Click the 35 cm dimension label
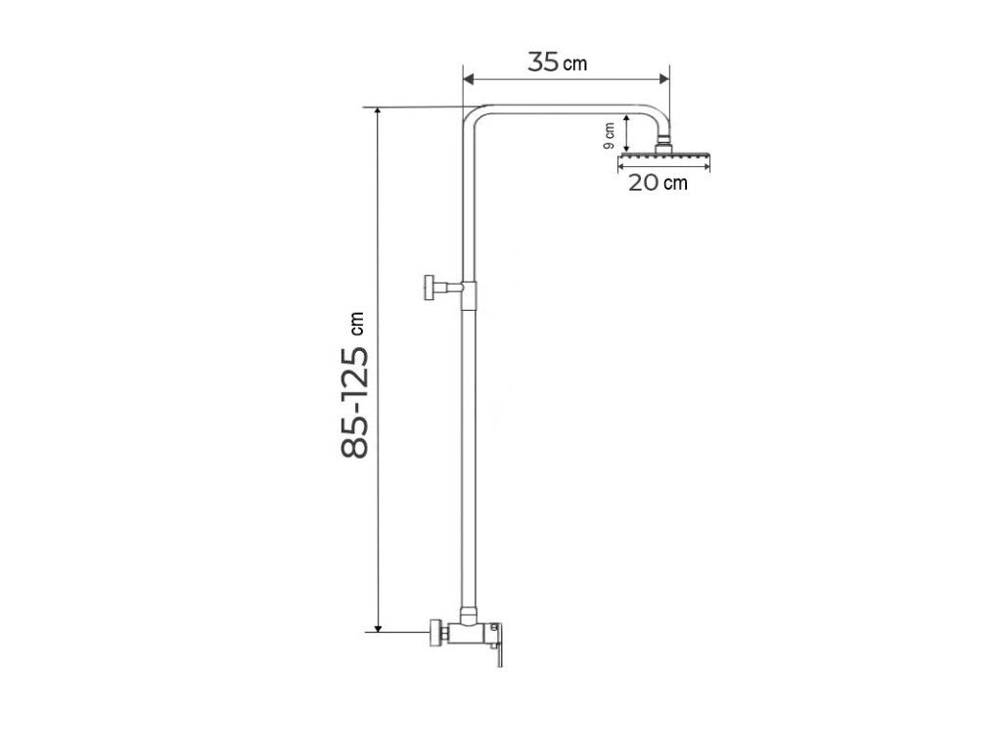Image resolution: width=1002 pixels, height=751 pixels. click(557, 62)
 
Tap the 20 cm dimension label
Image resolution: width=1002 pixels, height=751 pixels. click(658, 183)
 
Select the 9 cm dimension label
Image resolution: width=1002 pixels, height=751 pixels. click(609, 136)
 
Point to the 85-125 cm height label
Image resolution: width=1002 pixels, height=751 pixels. click(354, 385)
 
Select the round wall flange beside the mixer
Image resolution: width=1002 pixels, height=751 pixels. click(435, 633)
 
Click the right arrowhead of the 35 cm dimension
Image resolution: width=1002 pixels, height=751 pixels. click(663, 79)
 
